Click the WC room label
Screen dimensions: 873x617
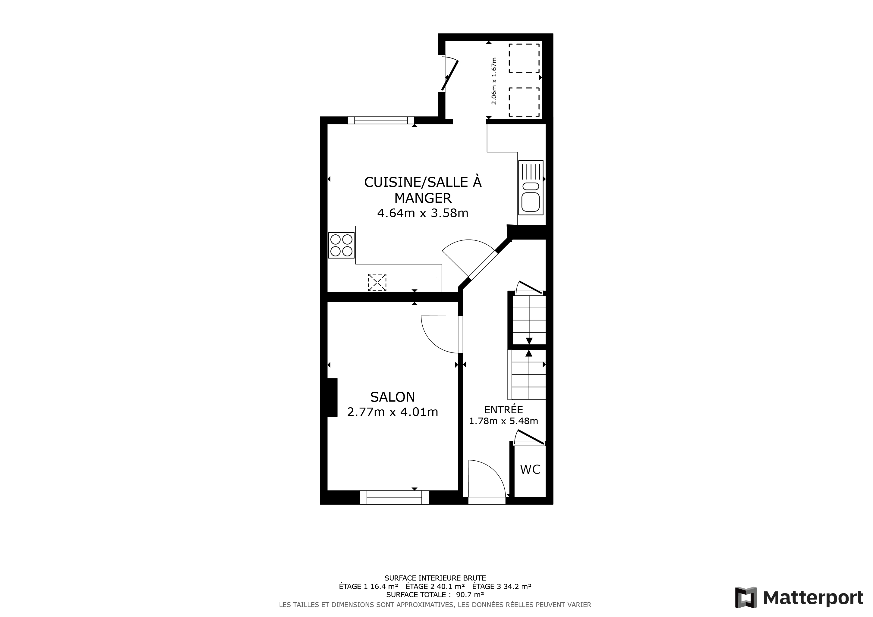tap(530, 470)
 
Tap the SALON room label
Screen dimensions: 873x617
tap(392, 397)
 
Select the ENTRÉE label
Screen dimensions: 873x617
tap(503, 409)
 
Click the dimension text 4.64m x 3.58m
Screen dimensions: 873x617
tap(422, 213)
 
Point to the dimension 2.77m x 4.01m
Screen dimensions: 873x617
tap(392, 412)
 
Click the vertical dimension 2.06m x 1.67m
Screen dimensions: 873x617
tap(494, 81)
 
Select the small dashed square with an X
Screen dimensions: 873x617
tap(377, 282)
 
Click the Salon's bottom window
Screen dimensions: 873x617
tap(394, 497)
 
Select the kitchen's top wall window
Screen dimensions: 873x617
tap(381, 121)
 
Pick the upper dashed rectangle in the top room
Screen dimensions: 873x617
tap(524, 58)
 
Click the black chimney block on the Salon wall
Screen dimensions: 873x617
tap(332, 397)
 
